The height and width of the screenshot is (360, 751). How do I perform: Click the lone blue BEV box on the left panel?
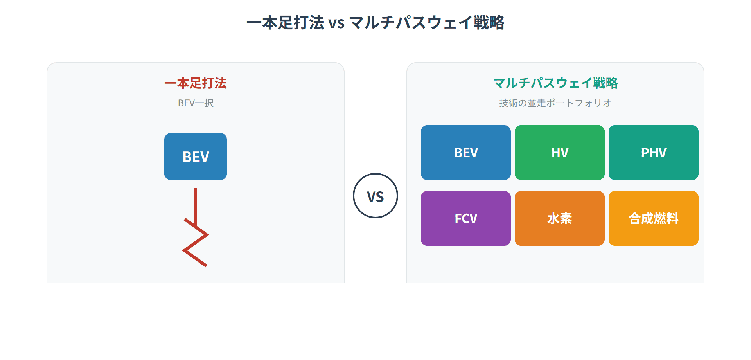coord(196,157)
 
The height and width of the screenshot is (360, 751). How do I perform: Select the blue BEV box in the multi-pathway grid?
coord(465,153)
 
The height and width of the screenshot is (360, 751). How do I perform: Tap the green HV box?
coord(559,153)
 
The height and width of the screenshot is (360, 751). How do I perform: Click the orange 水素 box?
coord(559,218)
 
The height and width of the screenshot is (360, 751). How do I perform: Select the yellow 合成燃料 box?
coord(653,218)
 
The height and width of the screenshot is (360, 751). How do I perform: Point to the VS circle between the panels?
coord(375,196)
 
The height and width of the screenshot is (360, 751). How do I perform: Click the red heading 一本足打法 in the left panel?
coord(196,83)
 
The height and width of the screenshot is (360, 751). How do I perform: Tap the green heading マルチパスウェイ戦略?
coord(555,83)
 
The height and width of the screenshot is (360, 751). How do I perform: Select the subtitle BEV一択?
coord(196,103)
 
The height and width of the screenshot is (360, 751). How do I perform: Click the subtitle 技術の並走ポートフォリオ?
coord(555,103)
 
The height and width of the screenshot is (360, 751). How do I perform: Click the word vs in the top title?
coord(336,23)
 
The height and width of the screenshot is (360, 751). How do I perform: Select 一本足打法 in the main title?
coord(286,23)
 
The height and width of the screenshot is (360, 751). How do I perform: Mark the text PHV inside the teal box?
coord(653,153)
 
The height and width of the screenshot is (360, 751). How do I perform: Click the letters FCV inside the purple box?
coord(465,218)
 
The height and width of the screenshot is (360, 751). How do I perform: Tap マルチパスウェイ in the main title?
coord(411,23)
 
